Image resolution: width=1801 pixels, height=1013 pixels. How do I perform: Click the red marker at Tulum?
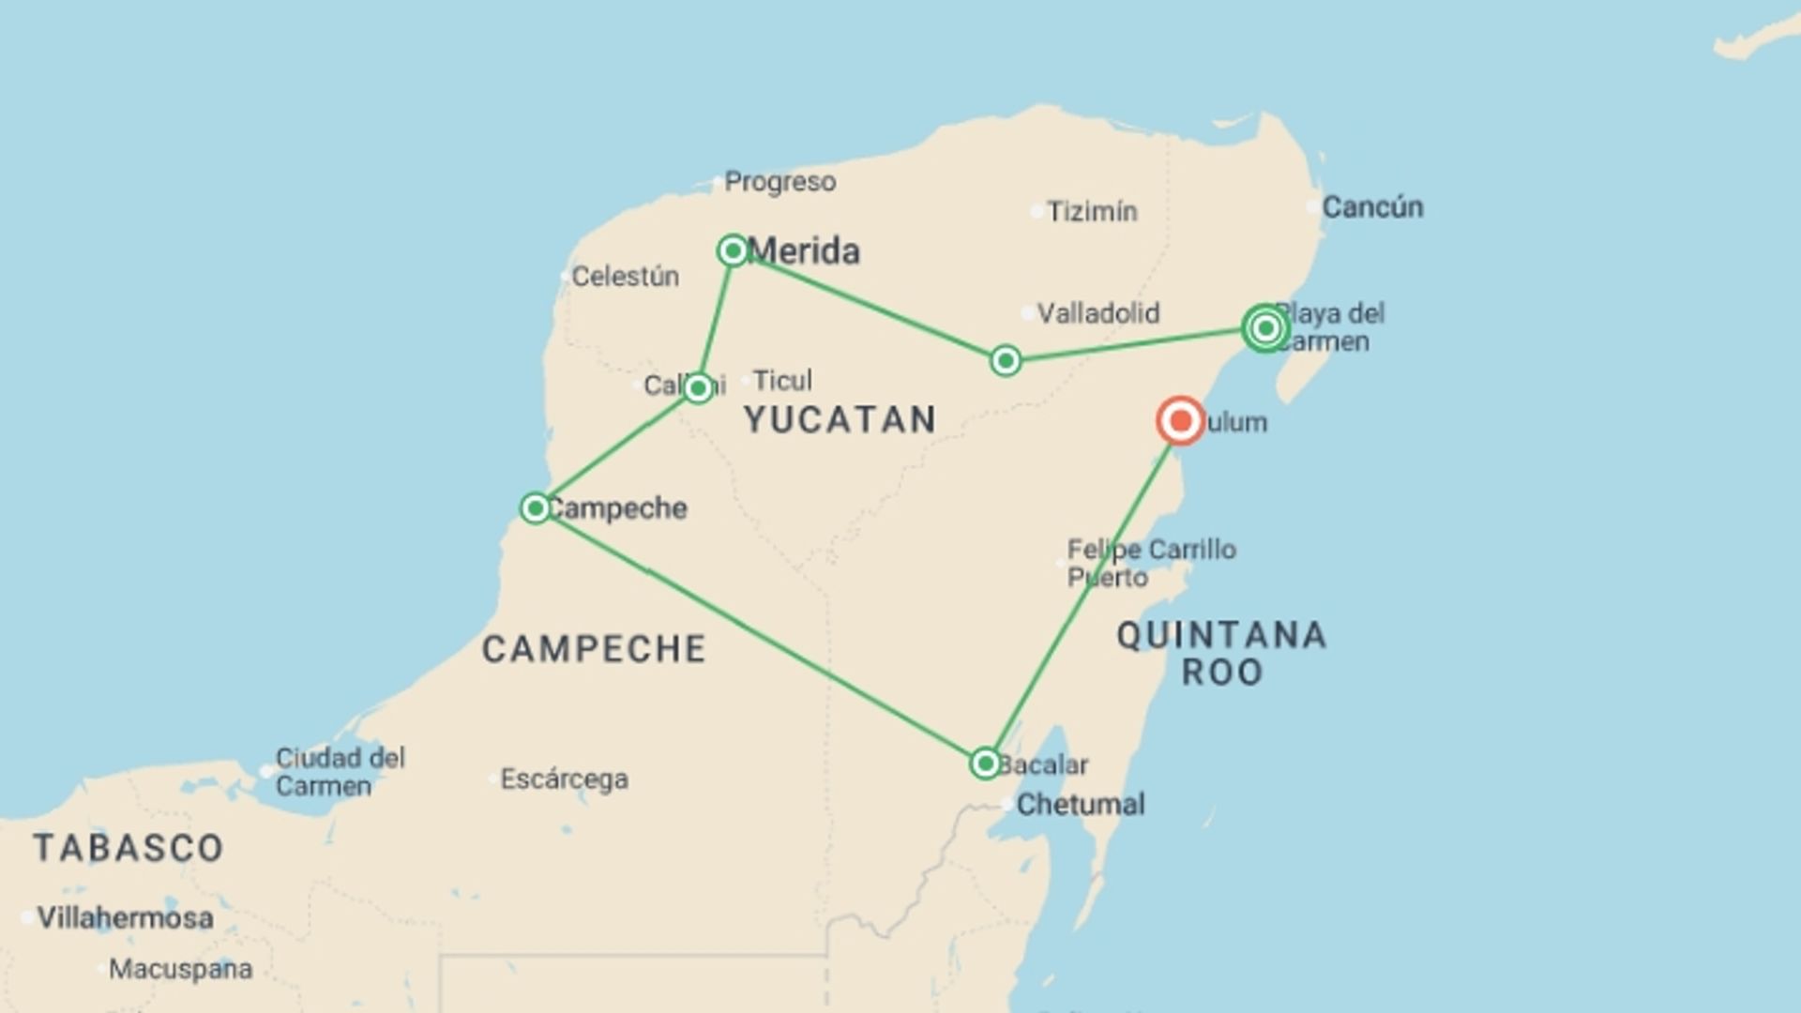click(1180, 421)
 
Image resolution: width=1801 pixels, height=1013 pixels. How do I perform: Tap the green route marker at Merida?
click(733, 250)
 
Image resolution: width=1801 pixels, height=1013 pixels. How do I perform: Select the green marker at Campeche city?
click(535, 508)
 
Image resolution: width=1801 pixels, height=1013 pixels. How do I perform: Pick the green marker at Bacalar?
click(985, 764)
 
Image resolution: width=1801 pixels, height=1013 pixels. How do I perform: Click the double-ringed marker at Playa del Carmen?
click(1264, 328)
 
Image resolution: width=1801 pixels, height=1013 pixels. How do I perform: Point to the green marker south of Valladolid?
click(1006, 361)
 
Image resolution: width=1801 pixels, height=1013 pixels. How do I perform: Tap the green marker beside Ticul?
click(698, 387)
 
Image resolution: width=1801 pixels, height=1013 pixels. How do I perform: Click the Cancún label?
click(1371, 207)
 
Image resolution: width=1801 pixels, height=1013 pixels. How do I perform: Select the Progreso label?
click(779, 182)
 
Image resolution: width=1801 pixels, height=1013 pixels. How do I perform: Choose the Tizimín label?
click(1092, 212)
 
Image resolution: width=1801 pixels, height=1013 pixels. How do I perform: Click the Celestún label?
click(625, 277)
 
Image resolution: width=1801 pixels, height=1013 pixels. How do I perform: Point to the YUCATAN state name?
click(840, 420)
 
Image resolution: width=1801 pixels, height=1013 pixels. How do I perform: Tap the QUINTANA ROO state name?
click(1221, 654)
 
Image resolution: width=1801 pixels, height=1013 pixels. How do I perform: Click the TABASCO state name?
click(129, 848)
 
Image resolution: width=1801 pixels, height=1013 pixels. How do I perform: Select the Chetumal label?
click(1081, 805)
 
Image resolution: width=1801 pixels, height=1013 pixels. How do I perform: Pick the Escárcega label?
click(564, 779)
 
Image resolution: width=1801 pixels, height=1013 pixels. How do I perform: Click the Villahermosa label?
click(125, 917)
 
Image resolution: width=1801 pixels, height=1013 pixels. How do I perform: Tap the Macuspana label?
click(180, 969)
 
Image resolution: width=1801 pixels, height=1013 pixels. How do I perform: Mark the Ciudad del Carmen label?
click(340, 772)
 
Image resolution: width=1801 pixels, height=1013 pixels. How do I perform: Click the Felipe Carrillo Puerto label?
click(1151, 563)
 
